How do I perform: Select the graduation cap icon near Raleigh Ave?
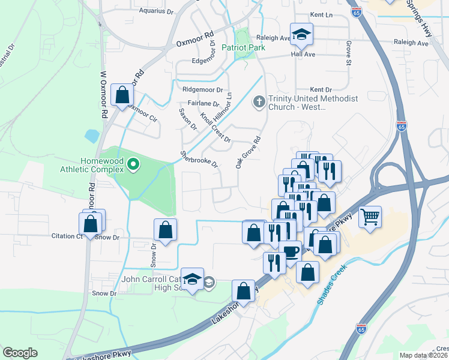tap(302, 34)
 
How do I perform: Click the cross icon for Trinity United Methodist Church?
tap(259, 101)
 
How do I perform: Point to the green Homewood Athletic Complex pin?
tap(134, 163)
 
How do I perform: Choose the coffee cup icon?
tap(291, 251)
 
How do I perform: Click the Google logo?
tap(20, 353)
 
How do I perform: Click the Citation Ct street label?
tap(67, 236)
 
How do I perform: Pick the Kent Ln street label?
tap(322, 14)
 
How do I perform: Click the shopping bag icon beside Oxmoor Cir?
tap(122, 95)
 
